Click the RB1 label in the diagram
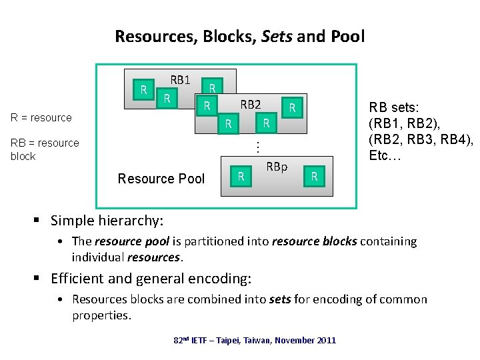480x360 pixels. [x=180, y=81]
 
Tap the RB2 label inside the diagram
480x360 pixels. [x=251, y=104]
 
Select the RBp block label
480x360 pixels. [x=277, y=167]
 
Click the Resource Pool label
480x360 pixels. [x=161, y=179]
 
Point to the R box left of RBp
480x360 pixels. [x=241, y=177]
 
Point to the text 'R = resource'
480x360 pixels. [x=41, y=118]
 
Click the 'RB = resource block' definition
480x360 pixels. [x=45, y=149]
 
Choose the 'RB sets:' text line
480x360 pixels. [x=397, y=108]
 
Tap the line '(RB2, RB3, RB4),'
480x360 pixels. [x=421, y=139]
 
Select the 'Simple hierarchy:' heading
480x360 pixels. [x=107, y=220]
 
